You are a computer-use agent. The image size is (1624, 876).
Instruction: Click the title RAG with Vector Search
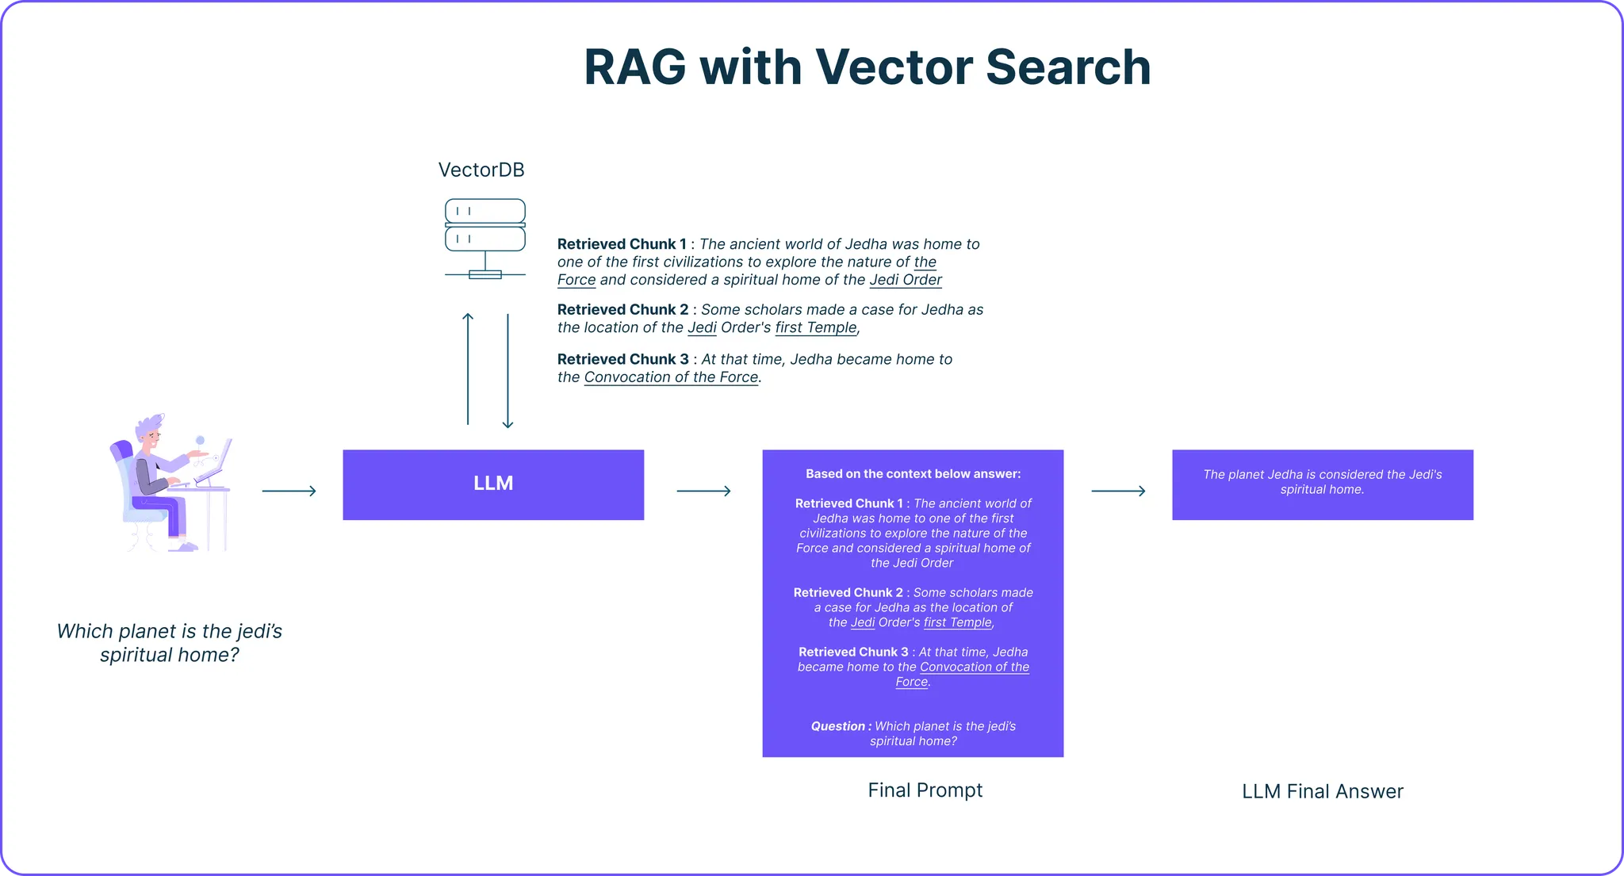867,67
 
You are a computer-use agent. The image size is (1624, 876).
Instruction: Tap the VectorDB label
481,170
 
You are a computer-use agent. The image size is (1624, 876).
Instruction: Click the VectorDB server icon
485,237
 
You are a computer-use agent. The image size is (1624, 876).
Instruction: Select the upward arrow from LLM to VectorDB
468,369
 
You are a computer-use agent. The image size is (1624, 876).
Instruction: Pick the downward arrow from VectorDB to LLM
507,371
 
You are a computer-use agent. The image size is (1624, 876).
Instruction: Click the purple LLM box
493,484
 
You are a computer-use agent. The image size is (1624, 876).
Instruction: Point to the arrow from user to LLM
289,492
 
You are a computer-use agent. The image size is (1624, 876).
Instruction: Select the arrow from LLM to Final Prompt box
703,492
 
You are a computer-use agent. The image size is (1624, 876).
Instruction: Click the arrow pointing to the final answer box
1118,492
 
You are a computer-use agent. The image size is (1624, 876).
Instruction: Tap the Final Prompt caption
925,790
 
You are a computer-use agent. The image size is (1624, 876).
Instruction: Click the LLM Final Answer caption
1322,791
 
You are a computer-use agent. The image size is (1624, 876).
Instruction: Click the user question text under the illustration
170,643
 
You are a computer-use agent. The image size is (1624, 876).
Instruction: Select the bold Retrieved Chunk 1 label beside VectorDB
622,244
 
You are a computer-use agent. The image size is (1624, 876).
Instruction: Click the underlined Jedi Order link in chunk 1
906,280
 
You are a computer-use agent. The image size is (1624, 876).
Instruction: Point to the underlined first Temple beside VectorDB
816,327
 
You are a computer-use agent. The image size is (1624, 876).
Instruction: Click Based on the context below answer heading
913,474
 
